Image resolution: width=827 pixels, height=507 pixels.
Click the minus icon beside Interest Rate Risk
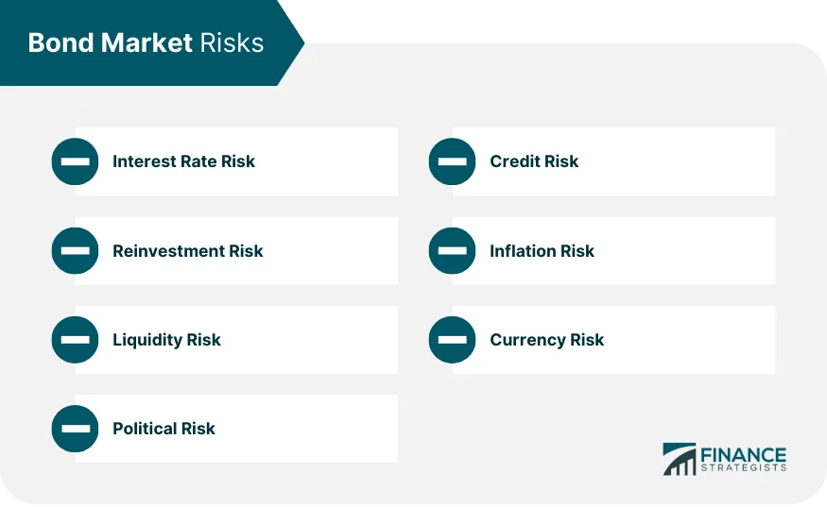click(x=75, y=161)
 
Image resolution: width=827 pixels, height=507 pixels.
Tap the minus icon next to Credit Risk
click(x=452, y=161)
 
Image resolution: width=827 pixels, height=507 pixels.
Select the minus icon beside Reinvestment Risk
click(x=75, y=251)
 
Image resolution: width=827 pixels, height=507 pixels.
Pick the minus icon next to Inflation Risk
click(x=452, y=251)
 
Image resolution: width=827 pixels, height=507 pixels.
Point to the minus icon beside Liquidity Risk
click(x=75, y=340)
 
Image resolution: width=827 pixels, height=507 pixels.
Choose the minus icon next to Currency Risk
click(x=452, y=340)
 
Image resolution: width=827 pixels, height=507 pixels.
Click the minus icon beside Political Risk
click(x=75, y=429)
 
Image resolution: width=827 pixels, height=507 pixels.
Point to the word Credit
click(x=514, y=161)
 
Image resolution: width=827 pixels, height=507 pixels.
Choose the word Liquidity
click(x=146, y=340)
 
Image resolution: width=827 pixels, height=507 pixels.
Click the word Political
click(x=145, y=429)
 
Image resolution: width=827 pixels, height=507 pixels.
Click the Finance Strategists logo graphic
click(x=679, y=459)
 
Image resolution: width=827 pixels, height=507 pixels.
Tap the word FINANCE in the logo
click(x=742, y=454)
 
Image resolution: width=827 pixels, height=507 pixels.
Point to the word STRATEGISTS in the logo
click(x=743, y=467)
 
